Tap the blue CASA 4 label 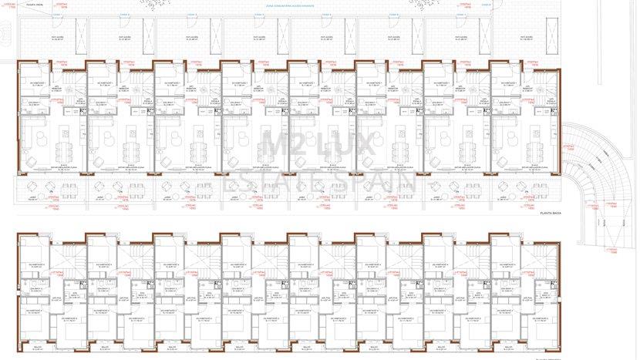260,14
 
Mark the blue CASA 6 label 395,14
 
